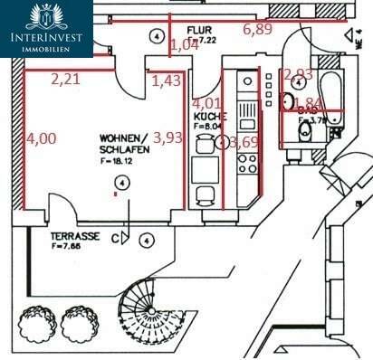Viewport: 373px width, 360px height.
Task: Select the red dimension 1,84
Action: pyautogui.click(x=311, y=103)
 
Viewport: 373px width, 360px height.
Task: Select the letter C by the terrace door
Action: pyautogui.click(x=115, y=239)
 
